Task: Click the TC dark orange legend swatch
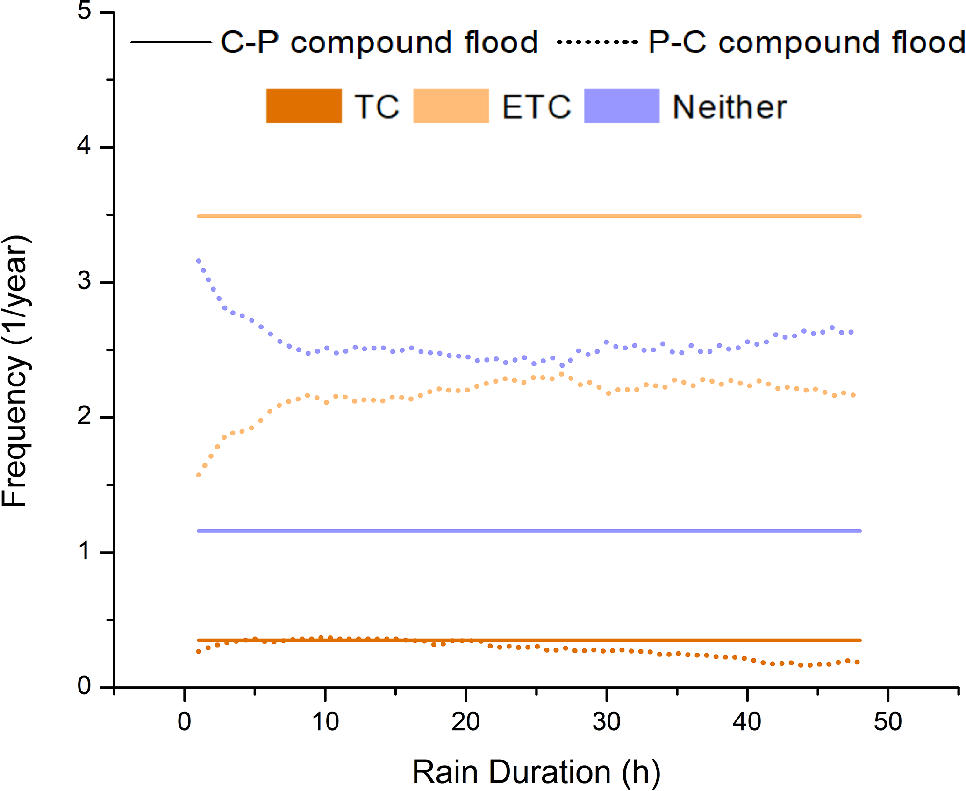[304, 106]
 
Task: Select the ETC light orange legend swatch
[451, 106]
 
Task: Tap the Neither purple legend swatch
[622, 106]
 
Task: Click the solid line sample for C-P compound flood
[171, 42]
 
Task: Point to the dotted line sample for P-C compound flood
[597, 42]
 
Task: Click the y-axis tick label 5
[84, 11]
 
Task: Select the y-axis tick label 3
[84, 281]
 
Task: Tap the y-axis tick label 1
[84, 551]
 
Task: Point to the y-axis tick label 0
[84, 686]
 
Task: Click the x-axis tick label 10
[325, 722]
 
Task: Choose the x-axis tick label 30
[607, 722]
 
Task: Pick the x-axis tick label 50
[888, 722]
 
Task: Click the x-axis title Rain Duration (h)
[537, 772]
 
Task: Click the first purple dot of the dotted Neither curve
[199, 261]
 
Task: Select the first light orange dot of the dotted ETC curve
[199, 475]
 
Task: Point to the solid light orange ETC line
[528, 216]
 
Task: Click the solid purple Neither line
[528, 531]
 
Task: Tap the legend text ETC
[537, 107]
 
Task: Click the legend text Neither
[730, 107]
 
